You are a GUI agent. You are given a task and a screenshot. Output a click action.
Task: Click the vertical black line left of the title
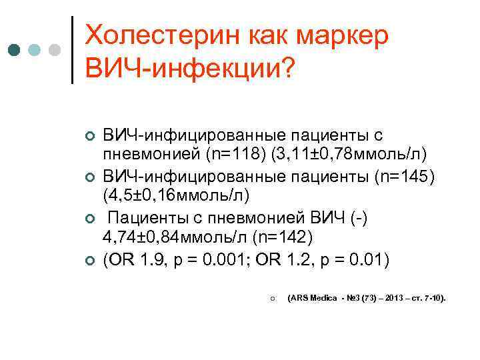click(72, 49)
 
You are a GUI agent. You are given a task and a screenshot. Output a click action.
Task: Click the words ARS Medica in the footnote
click(313, 299)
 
